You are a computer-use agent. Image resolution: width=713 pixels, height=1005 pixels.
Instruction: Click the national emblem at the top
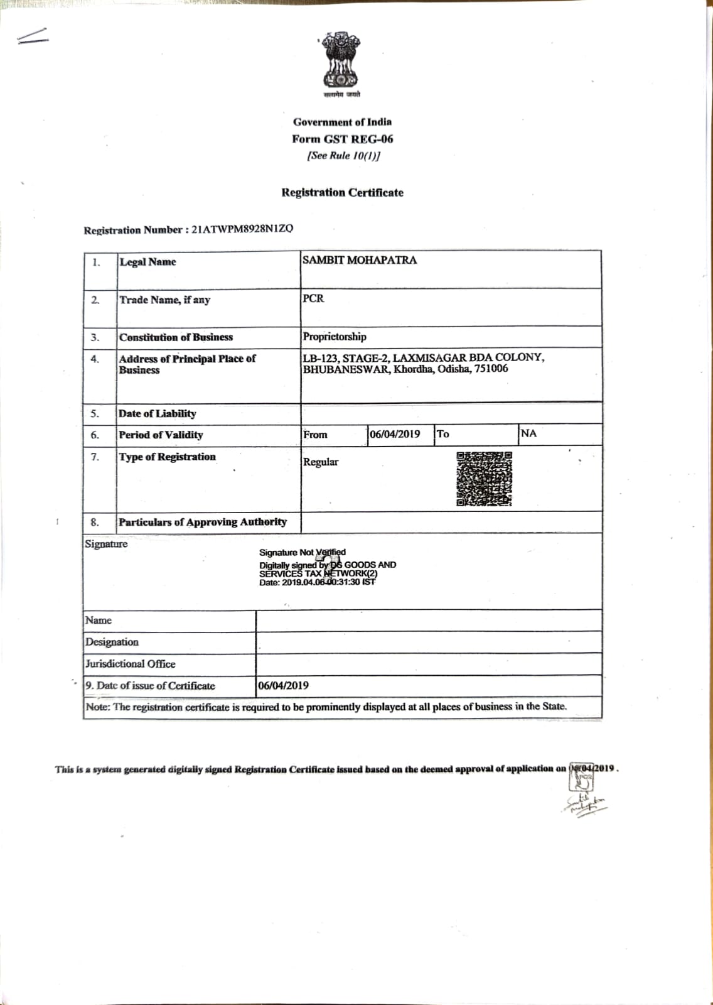coord(341,61)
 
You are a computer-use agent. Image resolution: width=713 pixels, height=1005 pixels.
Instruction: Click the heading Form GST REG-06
coord(342,139)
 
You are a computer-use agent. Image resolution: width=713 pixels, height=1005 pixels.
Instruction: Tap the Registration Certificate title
coord(342,193)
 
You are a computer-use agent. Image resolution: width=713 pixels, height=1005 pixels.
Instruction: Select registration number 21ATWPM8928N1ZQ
coord(242,229)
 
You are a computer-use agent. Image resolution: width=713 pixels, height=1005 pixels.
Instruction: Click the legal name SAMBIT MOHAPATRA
coord(359,260)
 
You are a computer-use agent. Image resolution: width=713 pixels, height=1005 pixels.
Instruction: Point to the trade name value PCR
coord(313,298)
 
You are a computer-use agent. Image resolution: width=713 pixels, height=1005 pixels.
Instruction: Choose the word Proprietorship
coord(335,337)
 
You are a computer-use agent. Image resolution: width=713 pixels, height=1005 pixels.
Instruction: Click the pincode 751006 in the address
coord(491,369)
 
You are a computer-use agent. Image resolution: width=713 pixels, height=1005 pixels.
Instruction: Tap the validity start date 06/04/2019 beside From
coord(395,434)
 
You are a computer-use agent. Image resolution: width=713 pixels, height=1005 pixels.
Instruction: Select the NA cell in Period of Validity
coord(528,433)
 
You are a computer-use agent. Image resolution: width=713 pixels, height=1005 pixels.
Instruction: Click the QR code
coord(484,479)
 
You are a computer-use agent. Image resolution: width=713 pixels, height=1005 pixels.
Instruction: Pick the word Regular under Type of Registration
coord(321,462)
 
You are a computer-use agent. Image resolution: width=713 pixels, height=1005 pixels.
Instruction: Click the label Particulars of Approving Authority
coord(202,522)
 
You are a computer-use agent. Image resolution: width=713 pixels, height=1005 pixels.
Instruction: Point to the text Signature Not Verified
coord(302,552)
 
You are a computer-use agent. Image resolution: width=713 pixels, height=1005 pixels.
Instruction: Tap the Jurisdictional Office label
coord(131,664)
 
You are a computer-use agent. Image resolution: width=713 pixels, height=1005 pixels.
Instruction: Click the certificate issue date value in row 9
coord(283,685)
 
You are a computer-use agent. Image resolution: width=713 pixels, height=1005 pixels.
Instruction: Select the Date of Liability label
coord(157,413)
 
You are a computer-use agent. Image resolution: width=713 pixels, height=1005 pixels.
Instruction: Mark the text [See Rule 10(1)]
coord(343,156)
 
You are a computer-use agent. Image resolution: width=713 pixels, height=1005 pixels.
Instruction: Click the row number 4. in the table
coord(95,359)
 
